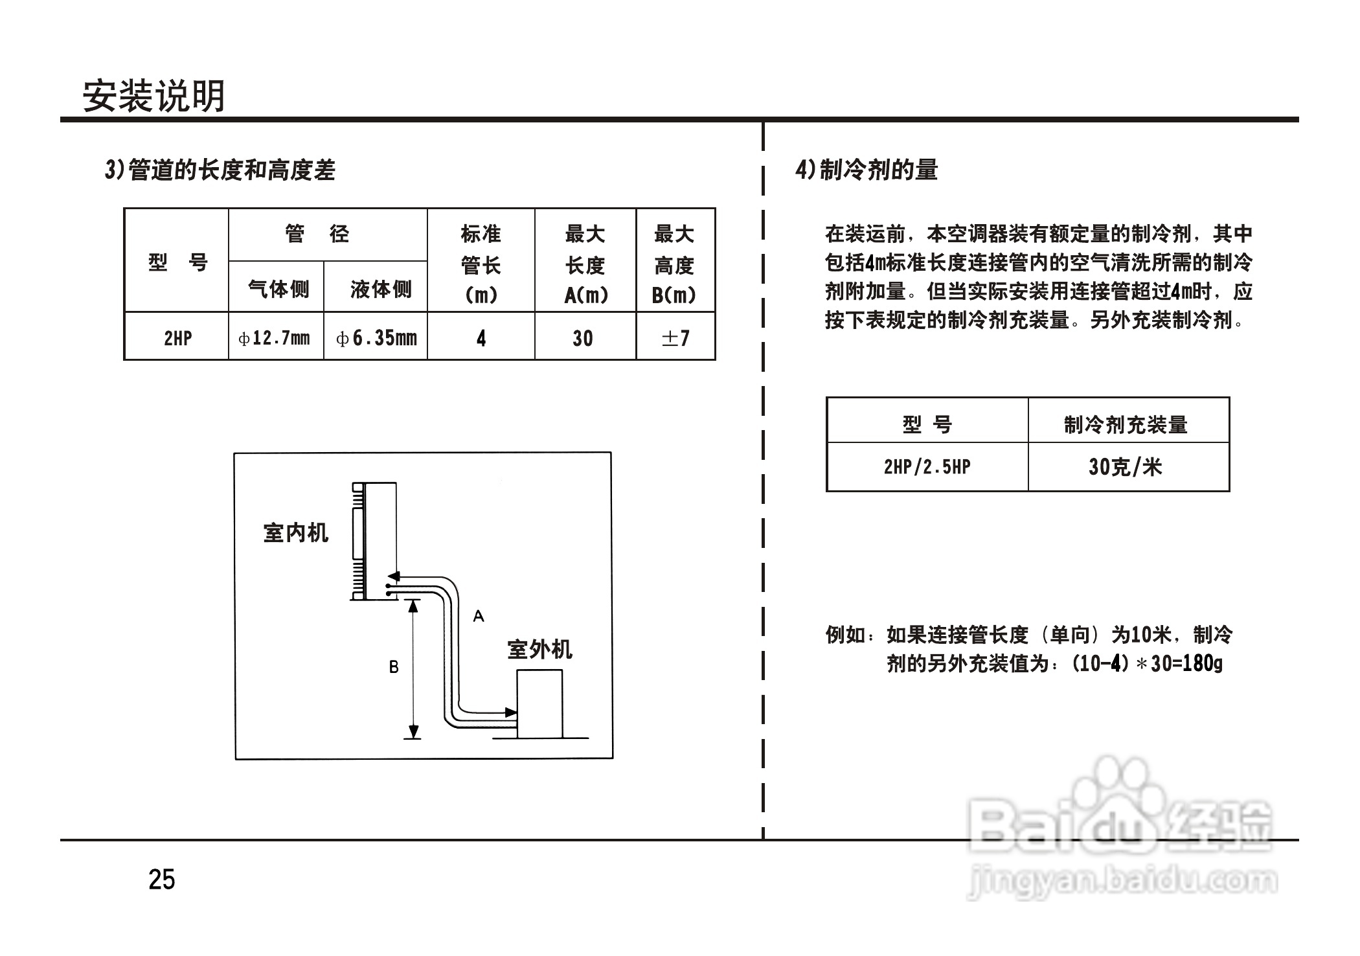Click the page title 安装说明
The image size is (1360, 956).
click(153, 97)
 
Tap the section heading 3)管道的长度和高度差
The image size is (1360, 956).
click(220, 170)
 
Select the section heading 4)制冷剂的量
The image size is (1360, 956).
click(867, 170)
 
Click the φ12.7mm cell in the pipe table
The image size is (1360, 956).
click(275, 338)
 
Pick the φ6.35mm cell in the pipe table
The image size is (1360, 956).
click(376, 338)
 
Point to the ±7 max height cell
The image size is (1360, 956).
click(675, 338)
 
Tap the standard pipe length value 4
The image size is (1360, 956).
click(481, 338)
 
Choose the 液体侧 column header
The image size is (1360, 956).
click(381, 289)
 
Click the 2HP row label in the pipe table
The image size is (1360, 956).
click(177, 338)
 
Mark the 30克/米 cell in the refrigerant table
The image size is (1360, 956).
click(1126, 467)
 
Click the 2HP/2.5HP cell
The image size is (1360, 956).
click(927, 467)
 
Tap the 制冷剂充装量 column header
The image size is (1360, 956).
click(1126, 425)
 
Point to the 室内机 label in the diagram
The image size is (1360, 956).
click(296, 533)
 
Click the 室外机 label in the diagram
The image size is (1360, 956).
click(539, 650)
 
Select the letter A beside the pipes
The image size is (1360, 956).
click(479, 616)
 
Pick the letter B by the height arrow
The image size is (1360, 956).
click(394, 667)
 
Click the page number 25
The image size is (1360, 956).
click(162, 880)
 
